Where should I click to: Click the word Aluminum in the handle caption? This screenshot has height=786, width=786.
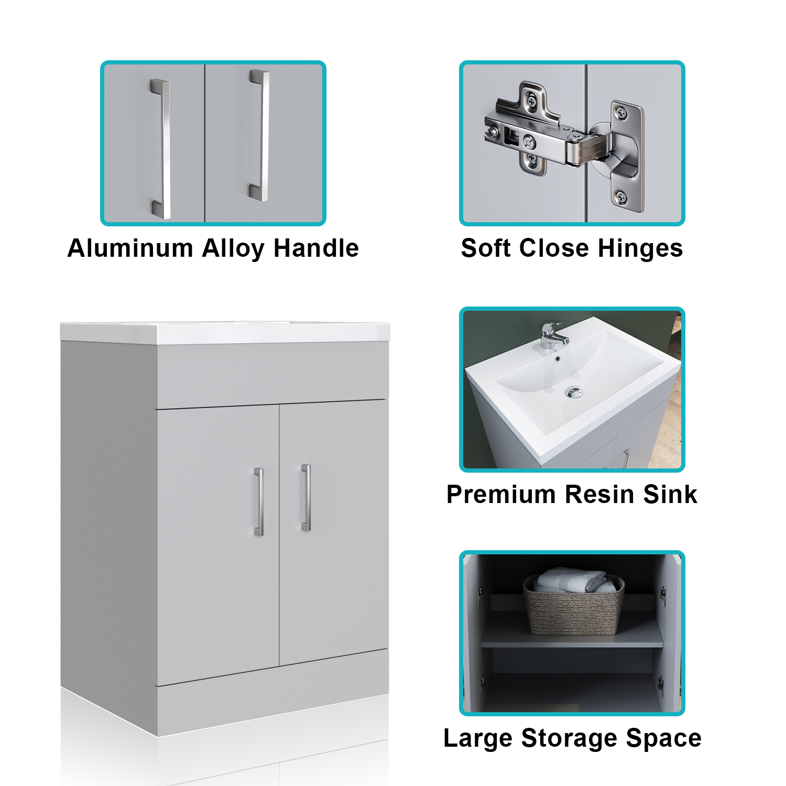130,248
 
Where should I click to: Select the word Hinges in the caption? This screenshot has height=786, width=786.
640,249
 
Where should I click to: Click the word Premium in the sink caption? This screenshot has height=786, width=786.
501,494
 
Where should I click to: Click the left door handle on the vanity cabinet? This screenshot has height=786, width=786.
259,501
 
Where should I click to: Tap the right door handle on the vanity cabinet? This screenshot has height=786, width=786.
306,497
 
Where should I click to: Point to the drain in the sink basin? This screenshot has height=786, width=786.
574,392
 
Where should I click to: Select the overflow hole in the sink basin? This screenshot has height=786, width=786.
558,359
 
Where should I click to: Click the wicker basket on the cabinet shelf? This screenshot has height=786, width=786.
574,607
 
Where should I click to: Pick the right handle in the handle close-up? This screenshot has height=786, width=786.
260,135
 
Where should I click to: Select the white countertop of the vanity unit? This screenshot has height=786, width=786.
225,333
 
